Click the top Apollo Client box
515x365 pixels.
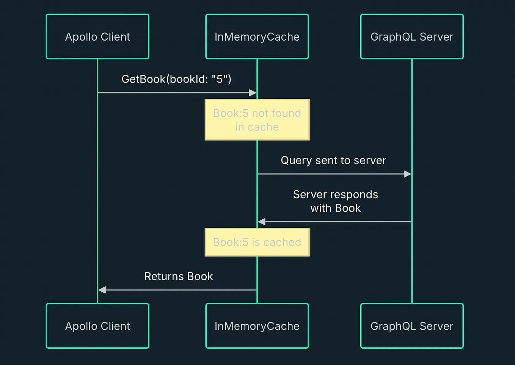click(97, 37)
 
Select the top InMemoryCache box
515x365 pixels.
click(257, 37)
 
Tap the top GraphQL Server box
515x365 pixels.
click(412, 37)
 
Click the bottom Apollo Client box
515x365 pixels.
click(97, 326)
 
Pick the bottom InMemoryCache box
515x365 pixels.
click(257, 326)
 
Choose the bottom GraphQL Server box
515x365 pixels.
click(412, 326)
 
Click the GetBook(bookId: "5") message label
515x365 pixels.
click(176, 79)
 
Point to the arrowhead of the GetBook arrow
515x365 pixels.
click(253, 93)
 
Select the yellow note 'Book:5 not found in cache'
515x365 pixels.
click(257, 120)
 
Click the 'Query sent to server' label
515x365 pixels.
click(333, 160)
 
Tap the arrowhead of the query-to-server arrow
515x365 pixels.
click(407, 174)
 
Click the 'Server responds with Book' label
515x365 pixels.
click(335, 201)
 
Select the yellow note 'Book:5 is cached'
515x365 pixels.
click(257, 242)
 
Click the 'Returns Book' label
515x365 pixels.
click(179, 276)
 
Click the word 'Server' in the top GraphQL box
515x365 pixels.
click(436, 37)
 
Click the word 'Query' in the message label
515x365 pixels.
click(296, 160)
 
